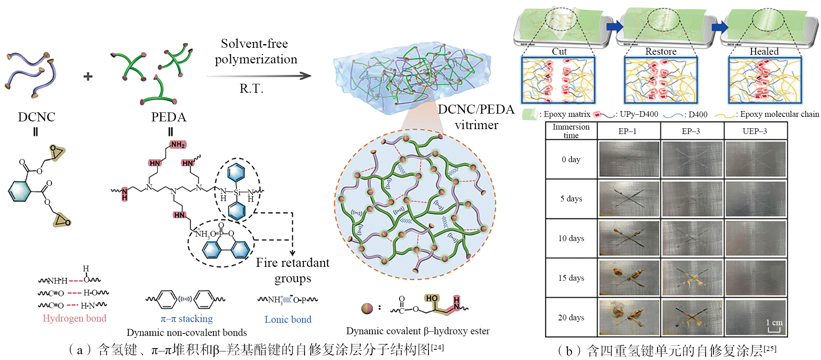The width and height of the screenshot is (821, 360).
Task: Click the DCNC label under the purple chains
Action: pos(36,117)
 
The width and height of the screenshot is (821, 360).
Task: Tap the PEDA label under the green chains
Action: pos(168,117)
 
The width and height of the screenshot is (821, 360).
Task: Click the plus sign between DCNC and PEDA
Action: pos(88,76)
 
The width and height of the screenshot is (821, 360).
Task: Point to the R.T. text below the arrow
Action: pos(251,89)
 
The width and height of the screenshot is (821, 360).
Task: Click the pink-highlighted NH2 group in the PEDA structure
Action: pos(178,144)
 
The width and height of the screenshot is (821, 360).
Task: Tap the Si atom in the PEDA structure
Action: pos(237,192)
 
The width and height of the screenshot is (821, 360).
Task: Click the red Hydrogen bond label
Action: pos(74,318)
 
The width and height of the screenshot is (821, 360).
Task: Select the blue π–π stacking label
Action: pos(186,319)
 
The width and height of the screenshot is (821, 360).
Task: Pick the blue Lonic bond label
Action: pos(288,320)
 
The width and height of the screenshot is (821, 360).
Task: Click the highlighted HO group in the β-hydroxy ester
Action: pos(432,298)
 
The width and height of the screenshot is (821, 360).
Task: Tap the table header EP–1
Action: pos(627,132)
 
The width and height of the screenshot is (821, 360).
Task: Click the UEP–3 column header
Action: pos(754,132)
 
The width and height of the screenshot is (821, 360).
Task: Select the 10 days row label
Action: pos(571,239)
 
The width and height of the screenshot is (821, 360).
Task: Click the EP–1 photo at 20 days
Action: pos(629,318)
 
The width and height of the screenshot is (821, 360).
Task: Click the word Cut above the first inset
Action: pos(559,51)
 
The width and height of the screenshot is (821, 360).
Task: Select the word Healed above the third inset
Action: pos(764,51)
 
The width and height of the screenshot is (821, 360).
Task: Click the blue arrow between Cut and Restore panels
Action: pos(615,27)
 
